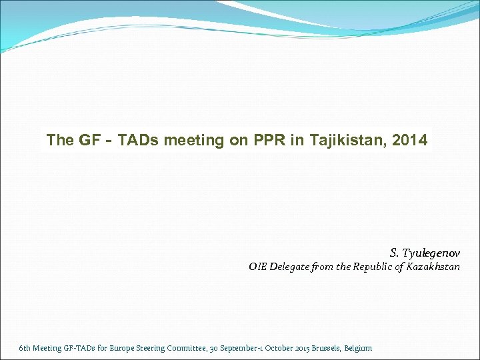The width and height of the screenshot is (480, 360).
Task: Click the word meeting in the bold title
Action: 192,141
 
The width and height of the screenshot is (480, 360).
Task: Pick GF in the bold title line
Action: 90,141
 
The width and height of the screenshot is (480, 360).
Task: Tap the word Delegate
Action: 291,267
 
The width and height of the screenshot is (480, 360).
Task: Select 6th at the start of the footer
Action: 25,348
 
